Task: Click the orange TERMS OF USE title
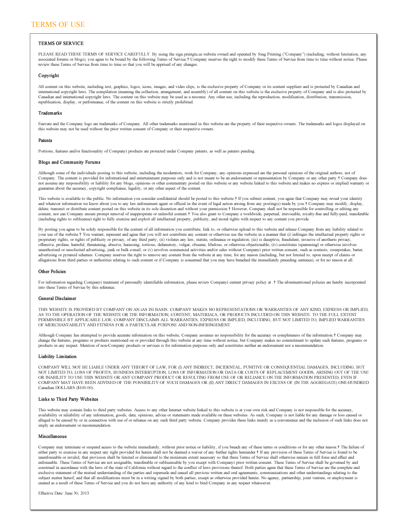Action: (58, 24)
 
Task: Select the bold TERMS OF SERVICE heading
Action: (61, 44)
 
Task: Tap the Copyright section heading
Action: (49, 76)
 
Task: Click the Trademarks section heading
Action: (50, 113)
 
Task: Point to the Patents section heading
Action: (45, 141)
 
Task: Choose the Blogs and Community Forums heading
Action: (69, 162)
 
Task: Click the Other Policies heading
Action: (52, 272)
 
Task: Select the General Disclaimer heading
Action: (57, 299)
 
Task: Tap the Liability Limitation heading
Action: (58, 357)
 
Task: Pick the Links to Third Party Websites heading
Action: (68, 399)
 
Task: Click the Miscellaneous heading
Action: (52, 436)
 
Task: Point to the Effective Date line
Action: (63, 493)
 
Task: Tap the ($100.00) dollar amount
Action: (84, 388)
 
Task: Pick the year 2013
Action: (84, 493)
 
